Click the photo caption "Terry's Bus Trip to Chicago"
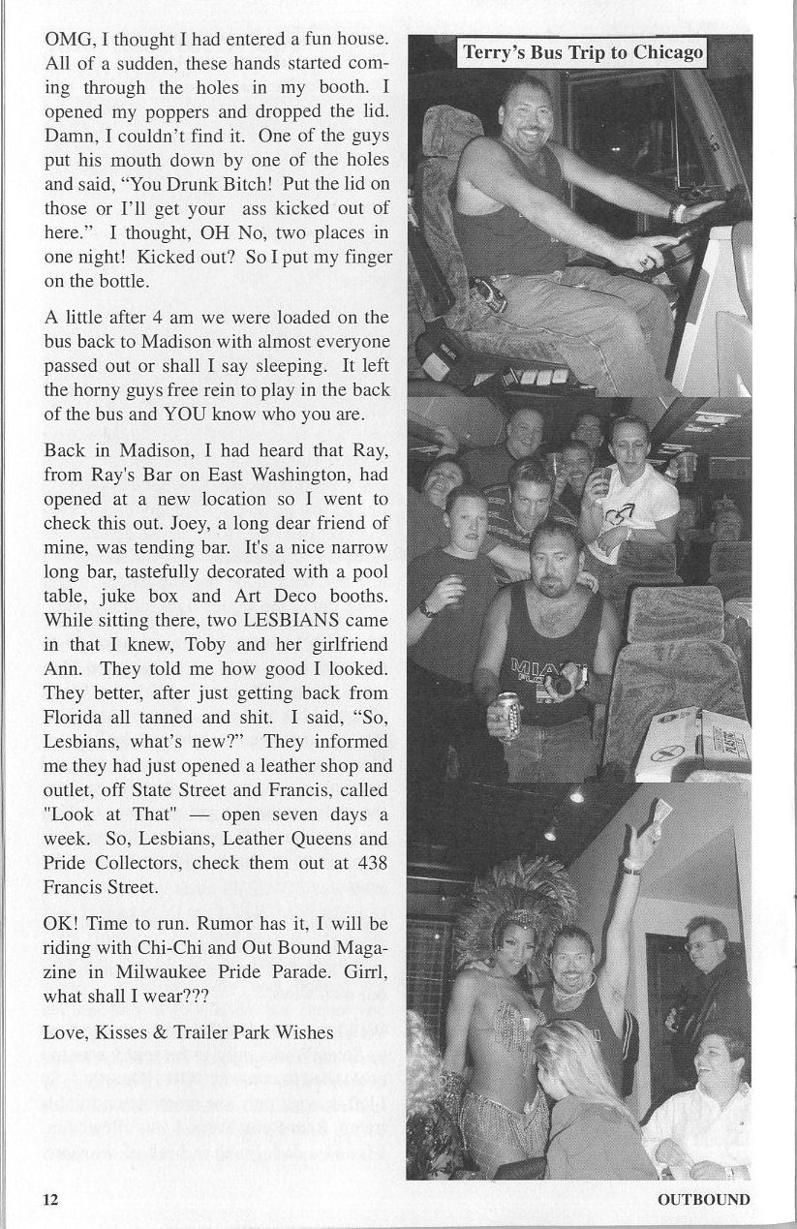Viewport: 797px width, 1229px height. pyautogui.click(x=582, y=52)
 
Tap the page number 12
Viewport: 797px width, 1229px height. pyautogui.click(x=50, y=1199)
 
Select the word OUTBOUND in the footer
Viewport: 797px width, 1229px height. pyautogui.click(x=703, y=1199)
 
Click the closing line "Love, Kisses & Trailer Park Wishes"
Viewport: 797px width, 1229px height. pyautogui.click(x=188, y=1031)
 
